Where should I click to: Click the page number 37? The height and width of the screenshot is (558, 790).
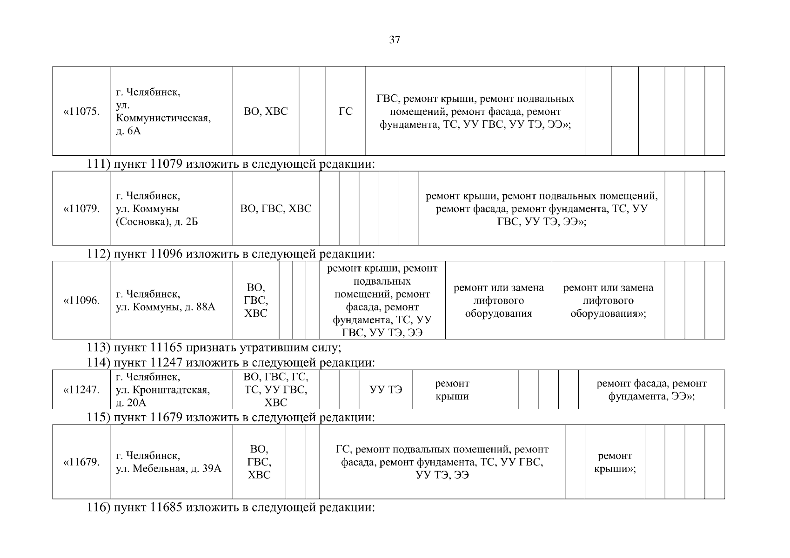click(394, 40)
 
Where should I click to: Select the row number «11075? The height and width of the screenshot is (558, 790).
click(81, 112)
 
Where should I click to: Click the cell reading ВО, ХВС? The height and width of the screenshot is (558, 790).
click(266, 112)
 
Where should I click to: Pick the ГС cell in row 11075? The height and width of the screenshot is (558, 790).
click(346, 112)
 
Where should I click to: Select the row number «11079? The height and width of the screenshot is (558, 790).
click(81, 209)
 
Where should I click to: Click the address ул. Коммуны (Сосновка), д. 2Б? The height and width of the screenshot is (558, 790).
click(157, 209)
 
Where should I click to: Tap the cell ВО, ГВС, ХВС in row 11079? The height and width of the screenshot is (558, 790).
click(276, 209)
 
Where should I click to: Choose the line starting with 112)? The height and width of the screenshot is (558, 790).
click(231, 254)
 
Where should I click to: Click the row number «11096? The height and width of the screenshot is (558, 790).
click(81, 300)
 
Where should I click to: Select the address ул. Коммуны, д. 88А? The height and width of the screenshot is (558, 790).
click(165, 300)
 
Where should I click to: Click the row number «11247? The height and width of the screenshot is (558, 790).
click(81, 390)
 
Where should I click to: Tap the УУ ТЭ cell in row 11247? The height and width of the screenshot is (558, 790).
click(386, 390)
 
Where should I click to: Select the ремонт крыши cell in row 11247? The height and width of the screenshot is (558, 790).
click(452, 390)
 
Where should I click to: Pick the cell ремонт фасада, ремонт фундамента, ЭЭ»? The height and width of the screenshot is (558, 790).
click(651, 390)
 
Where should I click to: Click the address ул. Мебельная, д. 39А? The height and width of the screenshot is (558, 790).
click(168, 462)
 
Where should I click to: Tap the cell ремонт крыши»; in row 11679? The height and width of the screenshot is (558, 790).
click(615, 462)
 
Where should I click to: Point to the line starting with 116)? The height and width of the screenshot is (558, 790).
click(231, 506)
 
